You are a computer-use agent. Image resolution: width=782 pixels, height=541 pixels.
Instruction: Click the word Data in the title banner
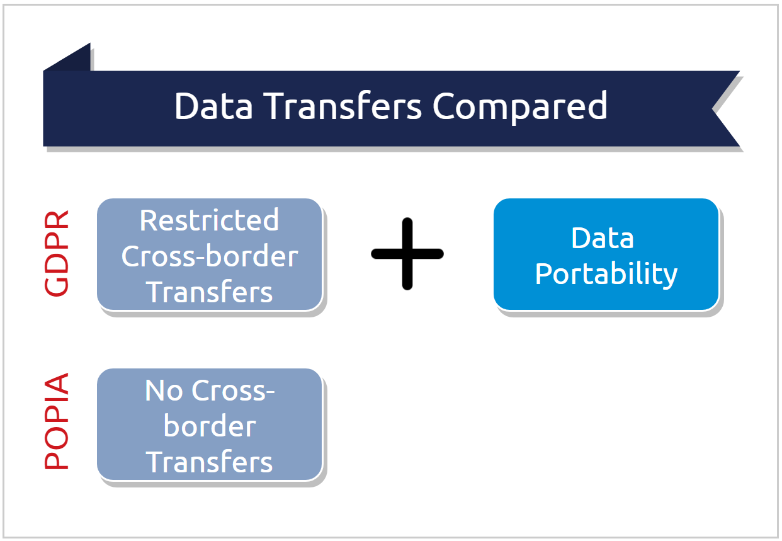pyautogui.click(x=213, y=106)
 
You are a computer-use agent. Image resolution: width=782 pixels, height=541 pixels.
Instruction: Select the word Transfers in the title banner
pyautogui.click(x=343, y=106)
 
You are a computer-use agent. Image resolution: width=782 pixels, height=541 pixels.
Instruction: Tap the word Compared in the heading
pyautogui.click(x=520, y=107)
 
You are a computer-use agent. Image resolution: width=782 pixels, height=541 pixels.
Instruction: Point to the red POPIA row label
pyautogui.click(x=57, y=423)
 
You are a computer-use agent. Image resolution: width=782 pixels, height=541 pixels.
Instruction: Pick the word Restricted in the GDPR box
pyautogui.click(x=209, y=220)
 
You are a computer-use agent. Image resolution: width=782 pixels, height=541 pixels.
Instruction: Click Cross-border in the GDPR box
pyautogui.click(x=209, y=256)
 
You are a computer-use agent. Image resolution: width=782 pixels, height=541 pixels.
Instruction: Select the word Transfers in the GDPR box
pyautogui.click(x=209, y=292)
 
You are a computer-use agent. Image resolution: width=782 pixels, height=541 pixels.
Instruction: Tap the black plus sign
pyautogui.click(x=407, y=254)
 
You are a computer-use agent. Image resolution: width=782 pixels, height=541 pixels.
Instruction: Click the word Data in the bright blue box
pyautogui.click(x=603, y=238)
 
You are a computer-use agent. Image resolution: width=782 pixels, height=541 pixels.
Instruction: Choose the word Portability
pyautogui.click(x=606, y=274)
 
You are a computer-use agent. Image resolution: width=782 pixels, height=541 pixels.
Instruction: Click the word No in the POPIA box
pyautogui.click(x=166, y=390)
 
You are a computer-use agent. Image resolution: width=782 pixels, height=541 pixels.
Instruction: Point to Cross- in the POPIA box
pyautogui.click(x=234, y=390)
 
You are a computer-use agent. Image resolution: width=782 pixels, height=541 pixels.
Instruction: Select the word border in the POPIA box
pyautogui.click(x=209, y=426)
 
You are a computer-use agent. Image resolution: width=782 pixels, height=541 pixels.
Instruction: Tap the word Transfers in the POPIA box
pyautogui.click(x=209, y=462)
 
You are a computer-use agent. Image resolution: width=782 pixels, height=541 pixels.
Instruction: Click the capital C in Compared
pyautogui.click(x=446, y=106)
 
